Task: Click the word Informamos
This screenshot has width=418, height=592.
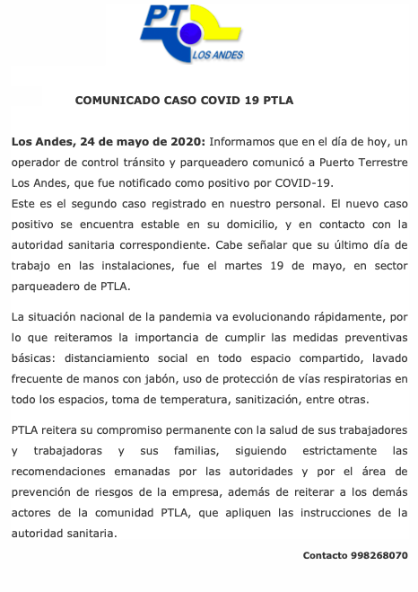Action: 242,142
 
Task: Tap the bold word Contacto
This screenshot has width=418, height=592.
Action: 327,555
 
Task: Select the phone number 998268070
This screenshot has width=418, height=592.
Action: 381,555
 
